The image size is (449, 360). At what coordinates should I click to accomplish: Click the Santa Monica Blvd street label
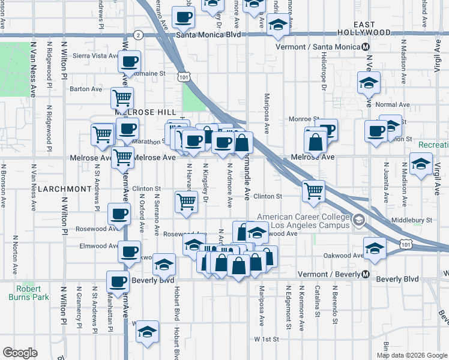click(209, 35)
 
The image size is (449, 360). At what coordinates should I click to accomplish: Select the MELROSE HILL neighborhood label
click(145, 113)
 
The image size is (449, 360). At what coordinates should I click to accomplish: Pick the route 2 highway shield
click(139, 35)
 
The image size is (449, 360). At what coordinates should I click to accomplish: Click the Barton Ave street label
click(86, 89)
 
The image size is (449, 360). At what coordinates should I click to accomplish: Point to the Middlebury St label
click(412, 220)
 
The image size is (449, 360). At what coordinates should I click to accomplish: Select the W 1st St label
click(267, 339)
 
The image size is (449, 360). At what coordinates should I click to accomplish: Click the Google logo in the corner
click(20, 352)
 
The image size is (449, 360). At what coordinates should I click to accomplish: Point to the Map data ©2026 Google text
click(411, 355)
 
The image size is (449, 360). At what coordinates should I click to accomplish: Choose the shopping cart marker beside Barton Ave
click(122, 98)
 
